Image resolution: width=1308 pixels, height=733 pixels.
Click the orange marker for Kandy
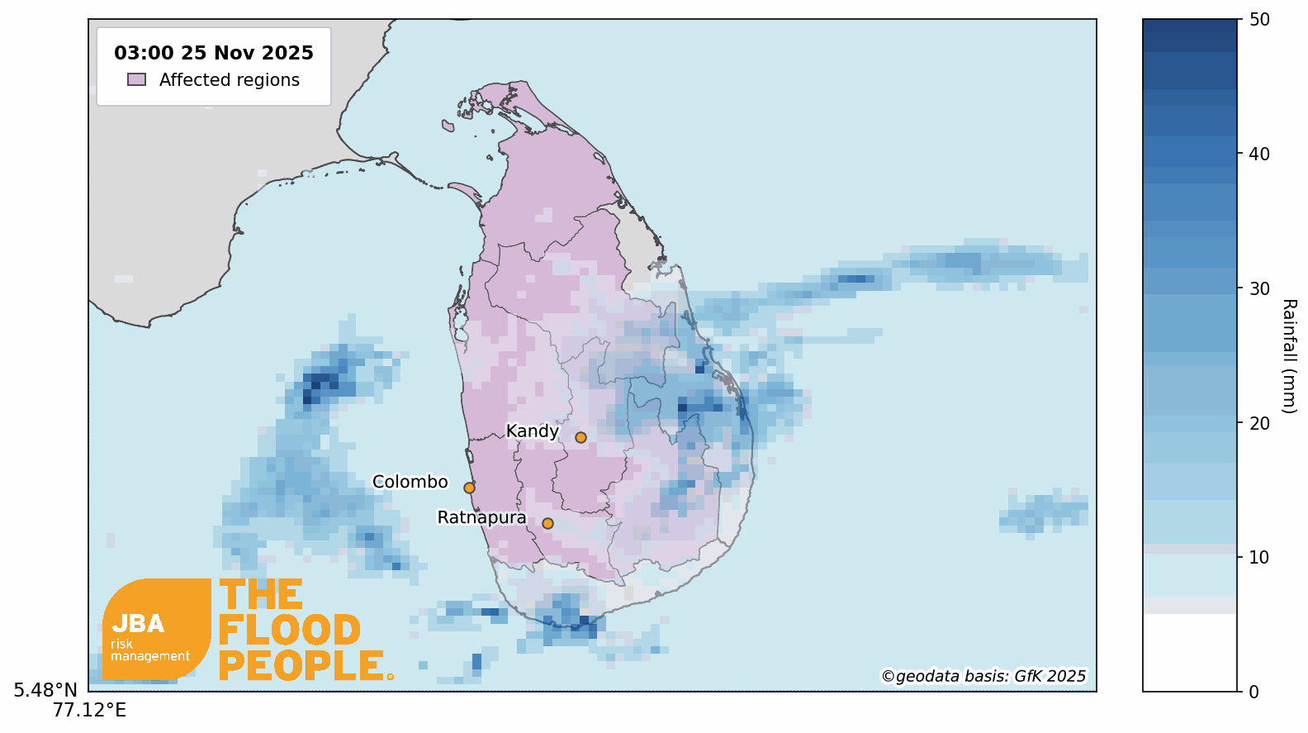click(x=581, y=437)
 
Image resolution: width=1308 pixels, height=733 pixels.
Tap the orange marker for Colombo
click(x=469, y=488)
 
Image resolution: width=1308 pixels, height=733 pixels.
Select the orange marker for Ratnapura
click(x=547, y=523)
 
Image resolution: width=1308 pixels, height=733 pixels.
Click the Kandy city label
click(x=532, y=431)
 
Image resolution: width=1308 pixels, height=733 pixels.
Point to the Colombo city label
click(x=410, y=482)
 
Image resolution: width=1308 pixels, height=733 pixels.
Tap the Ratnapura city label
click(x=481, y=517)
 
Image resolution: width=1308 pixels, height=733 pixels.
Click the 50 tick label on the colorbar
click(x=1259, y=20)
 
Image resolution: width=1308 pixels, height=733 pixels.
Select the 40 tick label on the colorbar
click(x=1259, y=154)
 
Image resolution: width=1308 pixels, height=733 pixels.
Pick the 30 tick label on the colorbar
click(x=1259, y=288)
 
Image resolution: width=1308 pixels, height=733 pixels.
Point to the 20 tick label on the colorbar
click(x=1259, y=423)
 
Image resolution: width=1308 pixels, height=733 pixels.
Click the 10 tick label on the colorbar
click(x=1259, y=557)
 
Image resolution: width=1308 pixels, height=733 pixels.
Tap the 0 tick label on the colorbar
click(x=1253, y=692)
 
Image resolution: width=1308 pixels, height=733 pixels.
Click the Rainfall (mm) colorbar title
click(x=1289, y=355)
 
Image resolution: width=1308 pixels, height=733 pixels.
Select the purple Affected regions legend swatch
click(x=137, y=79)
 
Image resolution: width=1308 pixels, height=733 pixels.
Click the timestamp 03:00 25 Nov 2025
click(x=214, y=53)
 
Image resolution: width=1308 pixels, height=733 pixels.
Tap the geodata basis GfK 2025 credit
click(x=983, y=676)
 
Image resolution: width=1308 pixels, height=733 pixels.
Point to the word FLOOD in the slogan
click(x=290, y=631)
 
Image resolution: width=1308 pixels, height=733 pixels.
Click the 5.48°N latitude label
click(x=45, y=690)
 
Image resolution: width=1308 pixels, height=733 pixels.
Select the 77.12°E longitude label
click(x=89, y=711)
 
